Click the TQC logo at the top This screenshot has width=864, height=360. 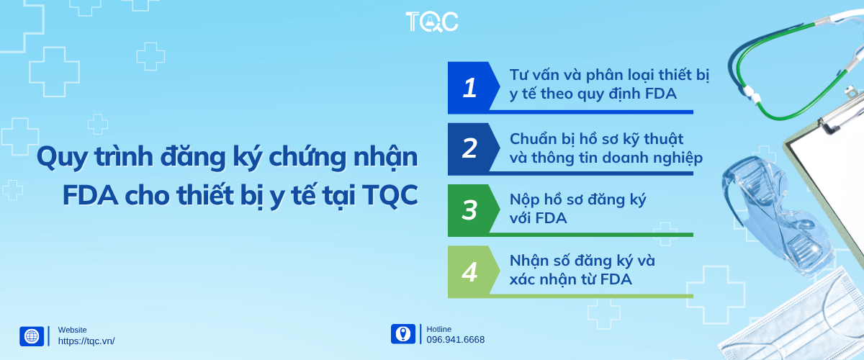[431, 21]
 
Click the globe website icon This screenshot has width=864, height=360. [32, 336]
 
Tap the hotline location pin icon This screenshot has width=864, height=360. [403, 334]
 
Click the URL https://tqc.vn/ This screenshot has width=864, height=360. [86, 341]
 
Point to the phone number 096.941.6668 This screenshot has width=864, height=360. [455, 340]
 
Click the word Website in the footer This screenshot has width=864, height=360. [72, 330]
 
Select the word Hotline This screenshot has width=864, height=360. [438, 329]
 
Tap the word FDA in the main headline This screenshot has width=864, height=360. [90, 195]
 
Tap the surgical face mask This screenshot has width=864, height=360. [795, 320]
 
